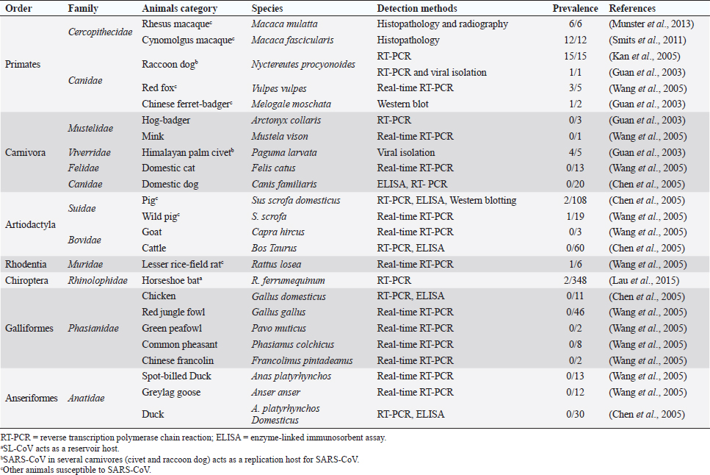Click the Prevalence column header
(577, 9)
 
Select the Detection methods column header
(417, 9)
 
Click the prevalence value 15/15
(578, 56)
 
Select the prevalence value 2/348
(578, 280)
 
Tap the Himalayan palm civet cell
(178, 152)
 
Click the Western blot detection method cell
(402, 104)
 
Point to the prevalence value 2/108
(578, 200)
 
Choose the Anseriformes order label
(32, 399)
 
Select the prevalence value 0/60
(578, 248)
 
